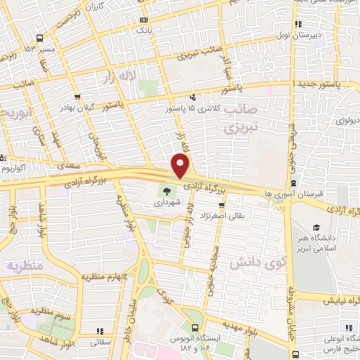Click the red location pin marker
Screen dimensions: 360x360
pos(181,167)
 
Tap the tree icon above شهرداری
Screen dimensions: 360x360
pos(166,191)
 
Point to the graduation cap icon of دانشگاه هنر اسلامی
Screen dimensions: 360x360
pos(316,229)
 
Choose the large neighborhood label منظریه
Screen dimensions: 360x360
pos(25,266)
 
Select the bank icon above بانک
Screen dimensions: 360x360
pos(144,20)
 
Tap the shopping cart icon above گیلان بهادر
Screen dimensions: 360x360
pos(75,98)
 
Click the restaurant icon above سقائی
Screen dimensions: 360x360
pos(98,330)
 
